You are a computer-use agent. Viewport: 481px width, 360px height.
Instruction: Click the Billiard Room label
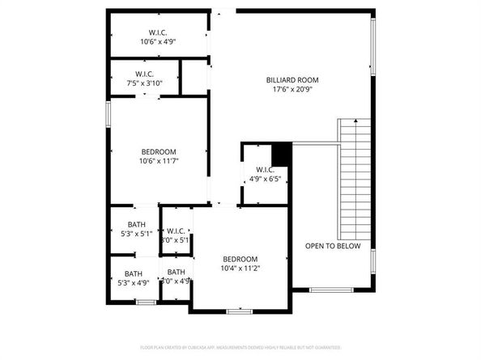292,80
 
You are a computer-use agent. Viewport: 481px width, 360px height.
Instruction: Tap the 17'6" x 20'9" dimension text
292,90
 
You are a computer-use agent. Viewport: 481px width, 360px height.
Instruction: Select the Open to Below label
333,246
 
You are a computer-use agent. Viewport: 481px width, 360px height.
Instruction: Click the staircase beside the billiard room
353,174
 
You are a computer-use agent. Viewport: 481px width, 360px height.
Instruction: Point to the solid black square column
281,152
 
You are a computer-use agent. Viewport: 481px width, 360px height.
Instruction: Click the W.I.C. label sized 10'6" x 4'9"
158,32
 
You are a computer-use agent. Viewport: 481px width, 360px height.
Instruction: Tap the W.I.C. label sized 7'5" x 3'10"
144,74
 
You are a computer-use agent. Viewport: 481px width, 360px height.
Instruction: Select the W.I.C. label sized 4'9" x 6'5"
265,169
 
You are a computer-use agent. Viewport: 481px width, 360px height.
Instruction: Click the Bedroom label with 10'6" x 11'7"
159,152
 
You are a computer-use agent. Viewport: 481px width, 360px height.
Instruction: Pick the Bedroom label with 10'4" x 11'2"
240,259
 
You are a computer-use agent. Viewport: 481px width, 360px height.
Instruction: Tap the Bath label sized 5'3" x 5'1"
136,225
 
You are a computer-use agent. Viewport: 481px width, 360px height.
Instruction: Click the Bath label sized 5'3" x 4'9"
133,273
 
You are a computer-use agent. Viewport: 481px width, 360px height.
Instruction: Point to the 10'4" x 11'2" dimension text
240,269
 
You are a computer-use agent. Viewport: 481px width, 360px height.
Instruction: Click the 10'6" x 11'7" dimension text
159,162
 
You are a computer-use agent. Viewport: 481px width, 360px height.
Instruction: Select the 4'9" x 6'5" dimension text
265,180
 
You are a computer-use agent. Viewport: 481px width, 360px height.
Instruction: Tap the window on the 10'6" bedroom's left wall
108,112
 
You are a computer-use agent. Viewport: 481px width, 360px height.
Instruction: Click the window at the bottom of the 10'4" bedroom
239,311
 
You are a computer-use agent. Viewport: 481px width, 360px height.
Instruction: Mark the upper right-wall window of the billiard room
373,44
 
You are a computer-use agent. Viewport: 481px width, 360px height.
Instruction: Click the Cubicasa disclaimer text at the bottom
240,347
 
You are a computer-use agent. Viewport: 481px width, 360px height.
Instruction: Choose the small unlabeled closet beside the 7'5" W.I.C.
194,78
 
